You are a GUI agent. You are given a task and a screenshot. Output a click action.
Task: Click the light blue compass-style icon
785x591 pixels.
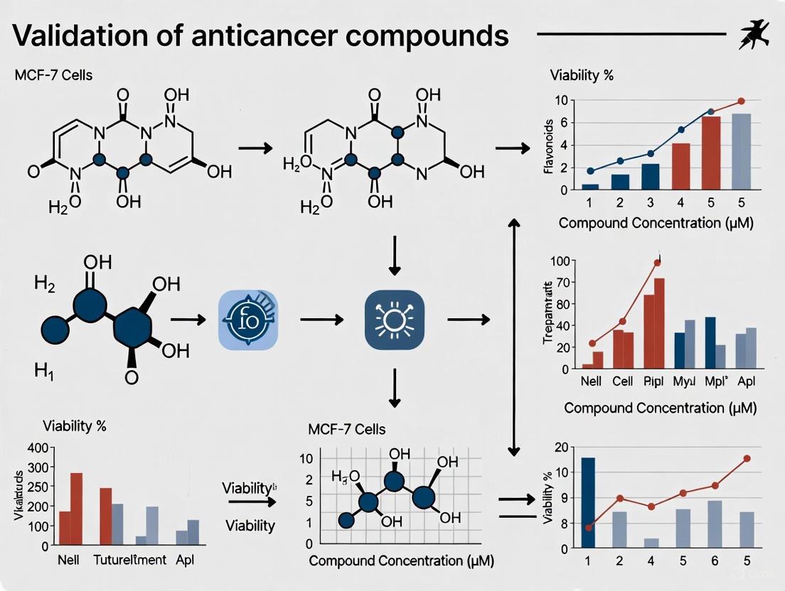point(247,320)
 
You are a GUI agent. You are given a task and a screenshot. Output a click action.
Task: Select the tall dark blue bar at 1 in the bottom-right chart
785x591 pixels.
point(588,502)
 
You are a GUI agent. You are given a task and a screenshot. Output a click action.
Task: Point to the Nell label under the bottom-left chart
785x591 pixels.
point(68,560)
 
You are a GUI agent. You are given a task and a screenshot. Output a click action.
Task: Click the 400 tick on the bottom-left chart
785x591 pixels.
point(38,448)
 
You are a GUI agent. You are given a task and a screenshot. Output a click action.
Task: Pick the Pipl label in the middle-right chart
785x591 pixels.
point(653,381)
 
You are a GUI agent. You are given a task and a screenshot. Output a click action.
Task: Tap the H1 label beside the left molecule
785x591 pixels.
point(44,370)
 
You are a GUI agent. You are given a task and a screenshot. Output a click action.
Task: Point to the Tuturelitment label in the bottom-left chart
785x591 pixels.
point(130,560)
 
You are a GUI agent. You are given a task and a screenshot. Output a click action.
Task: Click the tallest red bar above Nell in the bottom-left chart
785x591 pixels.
point(76,509)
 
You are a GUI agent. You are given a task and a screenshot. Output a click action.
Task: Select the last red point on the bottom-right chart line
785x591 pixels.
point(747,458)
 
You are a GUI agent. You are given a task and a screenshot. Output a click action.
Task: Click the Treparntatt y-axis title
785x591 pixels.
point(548,315)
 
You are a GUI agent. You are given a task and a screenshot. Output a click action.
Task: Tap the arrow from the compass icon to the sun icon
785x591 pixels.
point(324,320)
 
